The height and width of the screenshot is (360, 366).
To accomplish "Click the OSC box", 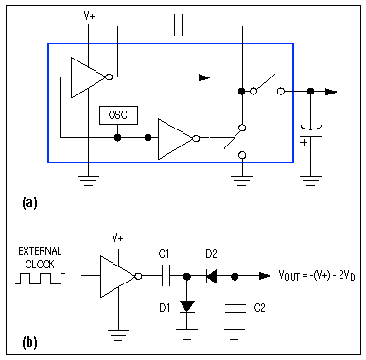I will [x=118, y=115].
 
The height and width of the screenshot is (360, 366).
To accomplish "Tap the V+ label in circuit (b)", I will [x=118, y=238].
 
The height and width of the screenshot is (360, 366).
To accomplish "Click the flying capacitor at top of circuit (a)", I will [x=180, y=28].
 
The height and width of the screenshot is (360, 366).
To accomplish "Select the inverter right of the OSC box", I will [x=176, y=137].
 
